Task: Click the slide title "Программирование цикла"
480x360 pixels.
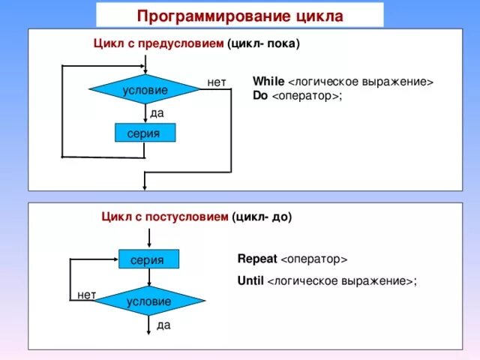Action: click(240, 16)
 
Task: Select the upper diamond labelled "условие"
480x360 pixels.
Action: click(145, 90)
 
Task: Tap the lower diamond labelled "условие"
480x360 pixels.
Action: click(149, 301)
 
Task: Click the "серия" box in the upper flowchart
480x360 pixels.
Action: click(145, 133)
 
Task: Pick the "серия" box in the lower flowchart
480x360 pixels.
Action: click(148, 259)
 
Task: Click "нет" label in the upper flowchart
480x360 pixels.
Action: click(217, 81)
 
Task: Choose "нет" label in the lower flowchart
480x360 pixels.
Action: click(86, 295)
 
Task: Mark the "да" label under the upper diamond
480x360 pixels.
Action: click(157, 112)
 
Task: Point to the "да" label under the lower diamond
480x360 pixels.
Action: click(163, 325)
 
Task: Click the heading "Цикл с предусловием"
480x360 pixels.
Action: click(158, 43)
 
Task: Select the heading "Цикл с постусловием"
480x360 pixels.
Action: click(164, 217)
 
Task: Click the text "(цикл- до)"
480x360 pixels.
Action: click(262, 217)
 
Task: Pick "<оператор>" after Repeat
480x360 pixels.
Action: click(313, 259)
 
